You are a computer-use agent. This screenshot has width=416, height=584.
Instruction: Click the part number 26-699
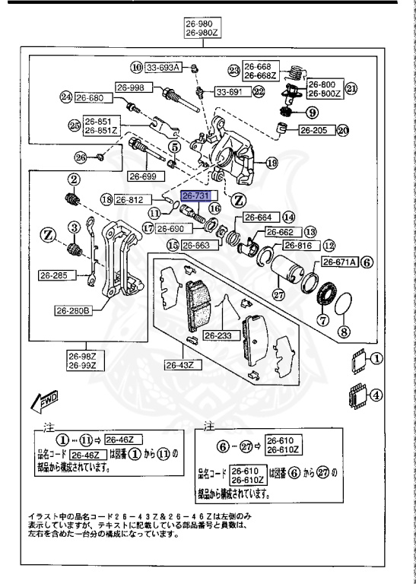click(x=142, y=176)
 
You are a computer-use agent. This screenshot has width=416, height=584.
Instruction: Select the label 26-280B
click(x=72, y=309)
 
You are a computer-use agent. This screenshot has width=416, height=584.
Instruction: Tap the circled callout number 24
click(x=66, y=97)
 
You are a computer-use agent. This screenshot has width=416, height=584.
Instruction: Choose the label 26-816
click(x=298, y=245)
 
